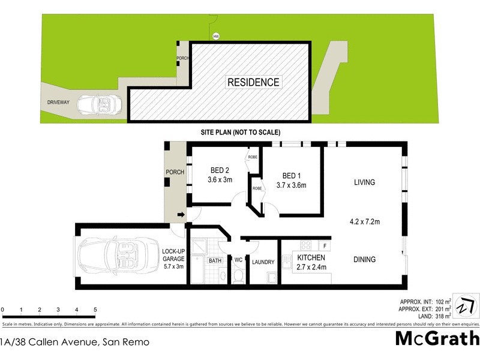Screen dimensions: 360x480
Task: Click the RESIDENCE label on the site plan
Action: click(253, 82)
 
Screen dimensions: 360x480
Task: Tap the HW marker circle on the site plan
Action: click(215, 37)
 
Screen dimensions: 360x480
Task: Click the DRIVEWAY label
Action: click(59, 103)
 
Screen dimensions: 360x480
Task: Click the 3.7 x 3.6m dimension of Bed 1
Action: click(291, 185)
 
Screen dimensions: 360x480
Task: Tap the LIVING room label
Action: click(364, 182)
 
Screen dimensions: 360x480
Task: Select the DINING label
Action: click(364, 260)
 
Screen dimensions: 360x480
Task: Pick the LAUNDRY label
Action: click(263, 262)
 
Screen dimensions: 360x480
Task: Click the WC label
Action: click(238, 260)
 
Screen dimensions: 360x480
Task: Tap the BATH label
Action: click(215, 260)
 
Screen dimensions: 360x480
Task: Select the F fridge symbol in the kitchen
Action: click(324, 245)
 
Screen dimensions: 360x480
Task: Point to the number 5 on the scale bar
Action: click(95, 310)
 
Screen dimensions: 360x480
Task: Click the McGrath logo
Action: click(437, 339)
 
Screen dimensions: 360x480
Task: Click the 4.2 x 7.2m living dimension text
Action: click(364, 221)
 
